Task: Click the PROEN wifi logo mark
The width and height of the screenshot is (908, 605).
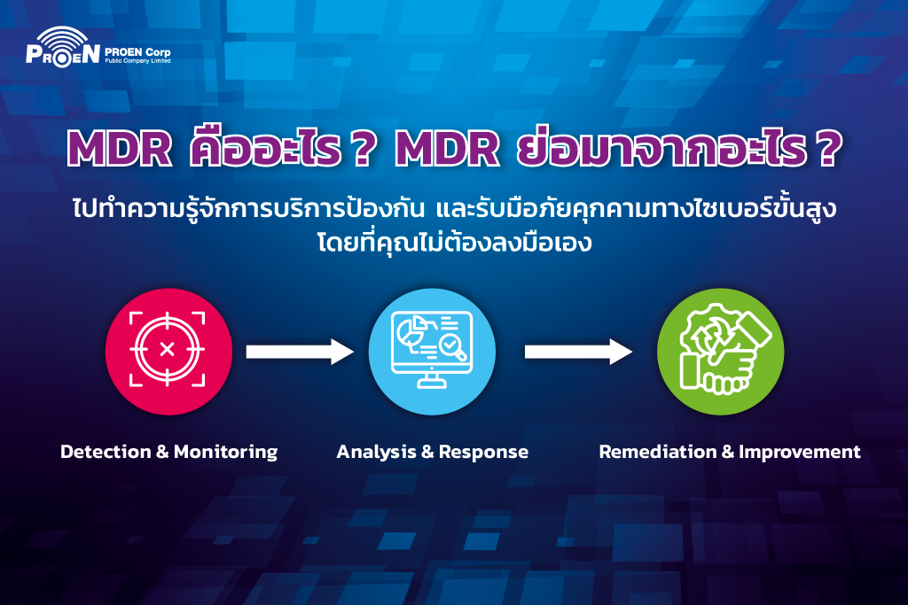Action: [x=63, y=47]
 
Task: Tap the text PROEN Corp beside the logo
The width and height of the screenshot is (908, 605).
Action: [x=137, y=52]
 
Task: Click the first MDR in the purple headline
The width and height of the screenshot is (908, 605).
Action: [x=120, y=149]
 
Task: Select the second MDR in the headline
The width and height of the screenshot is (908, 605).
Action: [x=447, y=149]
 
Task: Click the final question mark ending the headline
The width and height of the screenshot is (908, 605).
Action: [x=829, y=149]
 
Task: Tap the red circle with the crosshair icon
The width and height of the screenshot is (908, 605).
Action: [x=168, y=351]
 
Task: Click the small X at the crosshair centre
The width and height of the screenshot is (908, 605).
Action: [x=167, y=349]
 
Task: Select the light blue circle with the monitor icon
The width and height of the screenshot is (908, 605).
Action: [x=432, y=351]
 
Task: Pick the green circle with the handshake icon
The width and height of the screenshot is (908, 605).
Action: [x=720, y=351]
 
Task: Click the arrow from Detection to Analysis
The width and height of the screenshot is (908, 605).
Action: [x=300, y=352]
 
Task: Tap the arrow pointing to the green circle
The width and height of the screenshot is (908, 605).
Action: [x=578, y=352]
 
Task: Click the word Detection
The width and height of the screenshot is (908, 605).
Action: [x=106, y=452]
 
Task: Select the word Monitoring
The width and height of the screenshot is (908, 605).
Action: [x=226, y=453]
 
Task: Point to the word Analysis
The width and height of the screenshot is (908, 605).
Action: [x=376, y=453]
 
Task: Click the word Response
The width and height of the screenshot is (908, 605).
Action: [x=483, y=453]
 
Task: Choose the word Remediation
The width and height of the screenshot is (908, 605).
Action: [x=658, y=452]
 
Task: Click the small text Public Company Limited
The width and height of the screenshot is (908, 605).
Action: [x=137, y=61]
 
